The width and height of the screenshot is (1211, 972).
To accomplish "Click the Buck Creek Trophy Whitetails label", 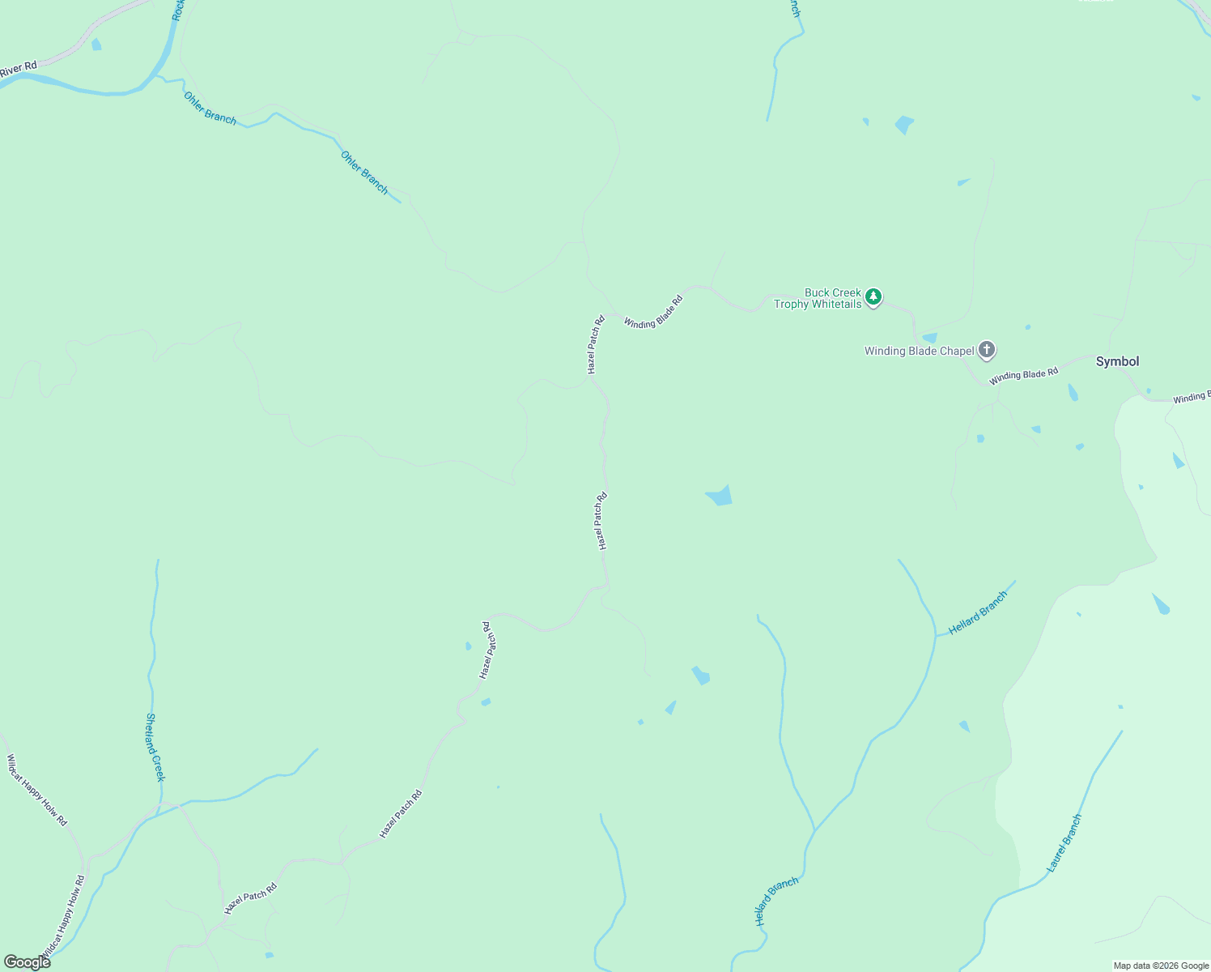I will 818,298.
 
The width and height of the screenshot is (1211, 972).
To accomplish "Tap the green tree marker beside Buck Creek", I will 873,297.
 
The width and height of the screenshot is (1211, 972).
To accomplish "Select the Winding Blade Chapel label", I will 919,352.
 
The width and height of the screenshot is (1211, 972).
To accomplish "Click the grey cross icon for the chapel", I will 986,350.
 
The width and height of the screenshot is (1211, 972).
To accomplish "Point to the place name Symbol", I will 1117,361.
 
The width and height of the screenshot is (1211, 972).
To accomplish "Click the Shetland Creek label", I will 155,747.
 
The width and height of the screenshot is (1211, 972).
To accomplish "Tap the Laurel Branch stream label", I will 1064,843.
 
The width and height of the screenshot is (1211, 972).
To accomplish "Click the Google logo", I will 26,961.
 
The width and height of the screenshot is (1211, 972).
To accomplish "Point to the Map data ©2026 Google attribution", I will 1161,966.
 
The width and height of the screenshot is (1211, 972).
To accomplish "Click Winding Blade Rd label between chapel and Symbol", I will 1023,376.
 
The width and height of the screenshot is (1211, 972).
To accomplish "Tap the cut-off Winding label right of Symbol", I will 1191,398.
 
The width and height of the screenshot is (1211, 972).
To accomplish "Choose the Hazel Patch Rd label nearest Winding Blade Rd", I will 596,344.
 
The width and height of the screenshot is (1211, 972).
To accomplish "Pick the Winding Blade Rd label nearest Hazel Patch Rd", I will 653,312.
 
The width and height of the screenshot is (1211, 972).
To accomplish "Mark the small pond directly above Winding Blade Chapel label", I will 929,338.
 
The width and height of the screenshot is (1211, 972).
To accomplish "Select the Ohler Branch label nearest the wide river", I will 210,109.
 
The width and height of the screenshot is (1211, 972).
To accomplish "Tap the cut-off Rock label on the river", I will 178,11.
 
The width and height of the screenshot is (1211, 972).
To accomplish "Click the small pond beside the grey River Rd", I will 96,45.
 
